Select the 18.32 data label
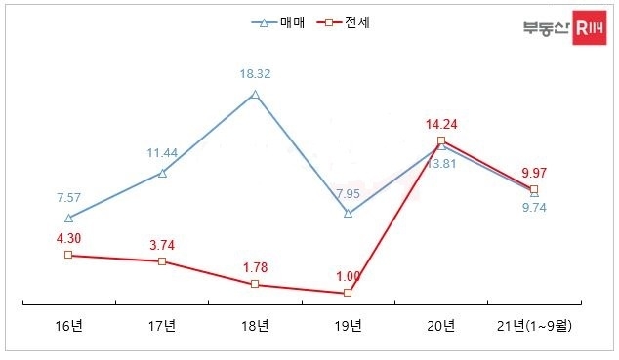coord(255,73)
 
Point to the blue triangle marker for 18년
coord(255,95)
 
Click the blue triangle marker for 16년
coord(68,218)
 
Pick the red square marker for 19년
coord(348,293)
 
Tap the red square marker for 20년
coord(441,141)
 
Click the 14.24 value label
coord(441,124)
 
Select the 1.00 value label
coord(348,276)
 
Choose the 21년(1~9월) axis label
coord(535,326)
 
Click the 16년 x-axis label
coord(68,326)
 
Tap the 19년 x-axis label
coord(348,326)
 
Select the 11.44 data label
coord(162,153)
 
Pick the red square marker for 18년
coord(255,284)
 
